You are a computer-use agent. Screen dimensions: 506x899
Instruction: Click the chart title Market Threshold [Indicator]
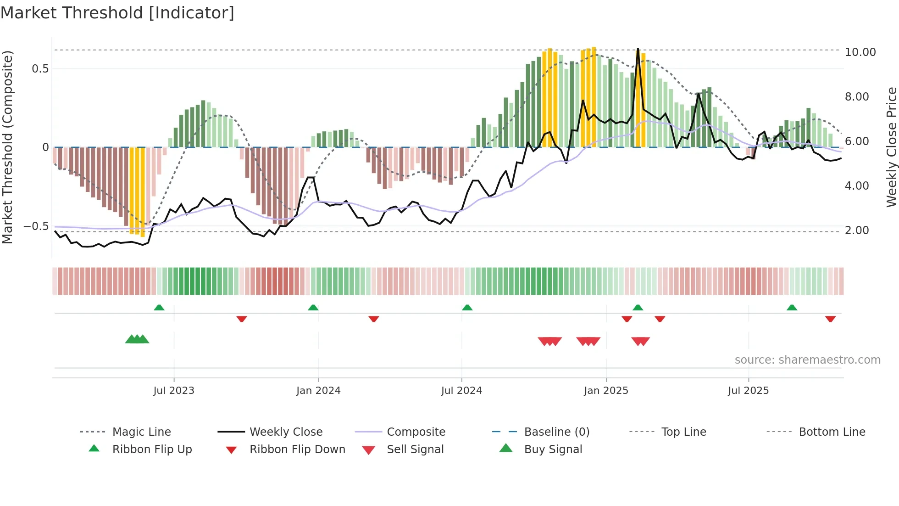pos(117,13)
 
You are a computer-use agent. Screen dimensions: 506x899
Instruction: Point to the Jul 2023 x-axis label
pos(174,391)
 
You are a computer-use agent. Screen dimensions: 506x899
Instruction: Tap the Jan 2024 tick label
pos(318,391)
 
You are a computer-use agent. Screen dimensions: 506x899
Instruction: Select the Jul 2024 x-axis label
pos(461,391)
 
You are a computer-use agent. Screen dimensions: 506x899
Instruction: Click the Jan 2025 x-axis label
pos(606,391)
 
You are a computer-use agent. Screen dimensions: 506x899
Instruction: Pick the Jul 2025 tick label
pos(748,391)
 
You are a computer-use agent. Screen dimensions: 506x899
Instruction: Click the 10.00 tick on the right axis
pos(860,52)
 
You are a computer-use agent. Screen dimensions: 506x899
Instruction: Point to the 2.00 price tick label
pos(857,231)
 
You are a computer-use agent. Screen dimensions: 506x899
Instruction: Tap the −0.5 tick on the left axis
pos(36,226)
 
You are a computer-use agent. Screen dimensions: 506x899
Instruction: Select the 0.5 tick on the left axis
pos(40,69)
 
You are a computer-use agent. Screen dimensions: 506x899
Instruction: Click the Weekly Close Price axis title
pos(891,147)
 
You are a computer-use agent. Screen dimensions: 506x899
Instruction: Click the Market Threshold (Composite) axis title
pos(7,147)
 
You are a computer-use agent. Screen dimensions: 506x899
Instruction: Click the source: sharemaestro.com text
pos(807,360)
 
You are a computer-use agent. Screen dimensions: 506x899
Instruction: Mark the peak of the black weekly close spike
pos(638,49)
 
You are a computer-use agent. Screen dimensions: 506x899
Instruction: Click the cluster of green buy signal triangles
pos(137,339)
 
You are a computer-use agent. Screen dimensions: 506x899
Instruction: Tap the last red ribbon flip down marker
pos(830,319)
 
